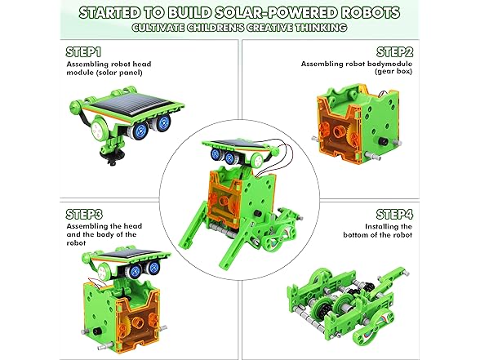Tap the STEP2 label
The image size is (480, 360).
coord(394,50)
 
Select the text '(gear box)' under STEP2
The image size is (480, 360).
coord(394,72)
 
